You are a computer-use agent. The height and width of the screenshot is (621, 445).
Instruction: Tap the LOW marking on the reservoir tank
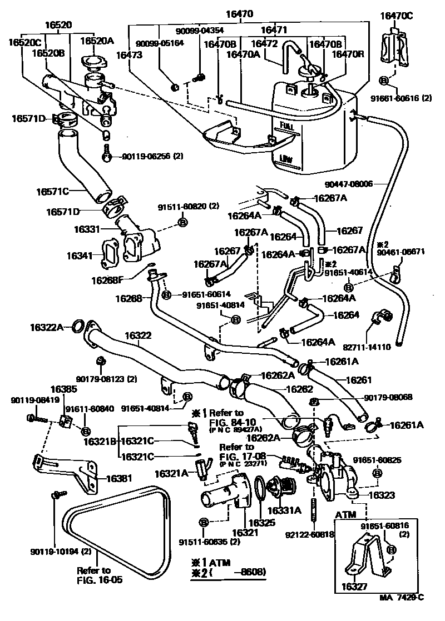pyautogui.click(x=287, y=158)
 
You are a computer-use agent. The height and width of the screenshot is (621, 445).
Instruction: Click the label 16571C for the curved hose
pyautogui.click(x=53, y=191)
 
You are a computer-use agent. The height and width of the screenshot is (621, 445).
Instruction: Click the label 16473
pyautogui.click(x=130, y=54)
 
